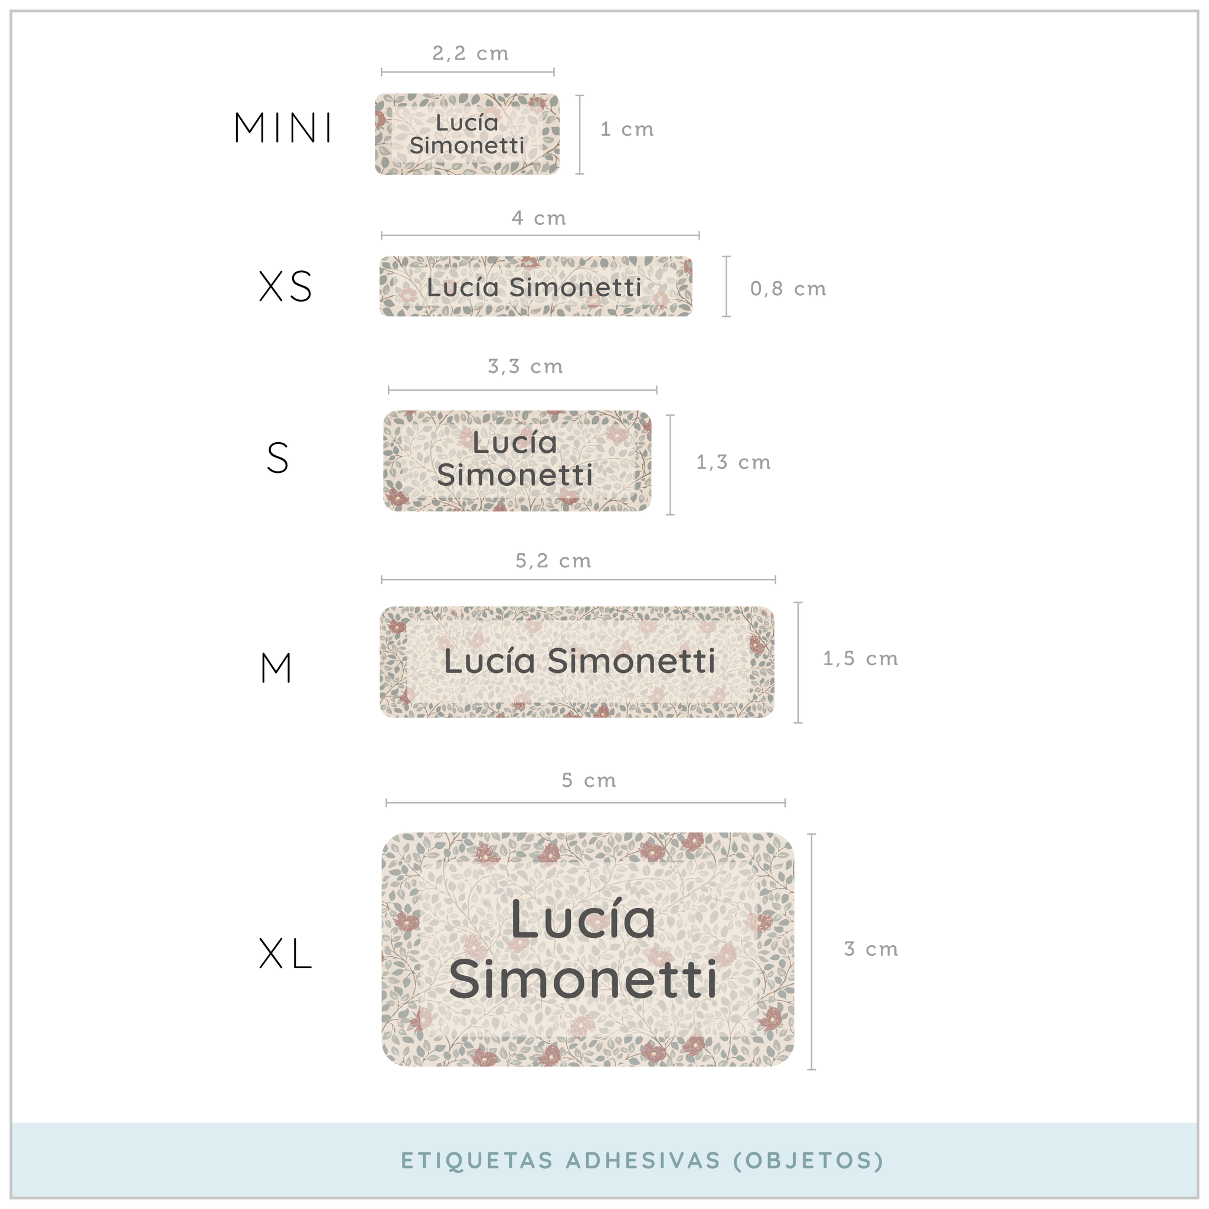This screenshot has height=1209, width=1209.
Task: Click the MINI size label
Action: pyautogui.click(x=283, y=128)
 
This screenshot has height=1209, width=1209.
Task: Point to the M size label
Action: pyautogui.click(x=276, y=668)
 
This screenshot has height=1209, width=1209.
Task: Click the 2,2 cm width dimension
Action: pyautogui.click(x=470, y=54)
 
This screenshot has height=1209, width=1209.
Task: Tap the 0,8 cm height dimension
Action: pyautogui.click(x=789, y=289)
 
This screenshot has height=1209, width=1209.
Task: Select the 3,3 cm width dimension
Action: pyautogui.click(x=525, y=366)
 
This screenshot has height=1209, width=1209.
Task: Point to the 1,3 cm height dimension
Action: pyautogui.click(x=733, y=462)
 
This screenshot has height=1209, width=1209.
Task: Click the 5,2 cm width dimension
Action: pyautogui.click(x=554, y=561)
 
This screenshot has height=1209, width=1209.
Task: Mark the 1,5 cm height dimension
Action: pyautogui.click(x=861, y=658)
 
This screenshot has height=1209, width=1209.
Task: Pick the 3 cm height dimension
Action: pyautogui.click(x=871, y=949)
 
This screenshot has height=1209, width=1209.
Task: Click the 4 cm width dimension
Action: pyautogui.click(x=539, y=218)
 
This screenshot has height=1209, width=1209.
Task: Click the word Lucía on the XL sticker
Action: pyautogui.click(x=583, y=919)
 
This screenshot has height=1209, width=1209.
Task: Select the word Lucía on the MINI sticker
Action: pyautogui.click(x=467, y=123)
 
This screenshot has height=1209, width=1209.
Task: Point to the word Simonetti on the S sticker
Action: pyautogui.click(x=515, y=475)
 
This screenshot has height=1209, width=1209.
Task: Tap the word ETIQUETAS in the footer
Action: pyautogui.click(x=477, y=1160)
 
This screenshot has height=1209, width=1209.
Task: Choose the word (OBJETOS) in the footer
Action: pyautogui.click(x=809, y=1160)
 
